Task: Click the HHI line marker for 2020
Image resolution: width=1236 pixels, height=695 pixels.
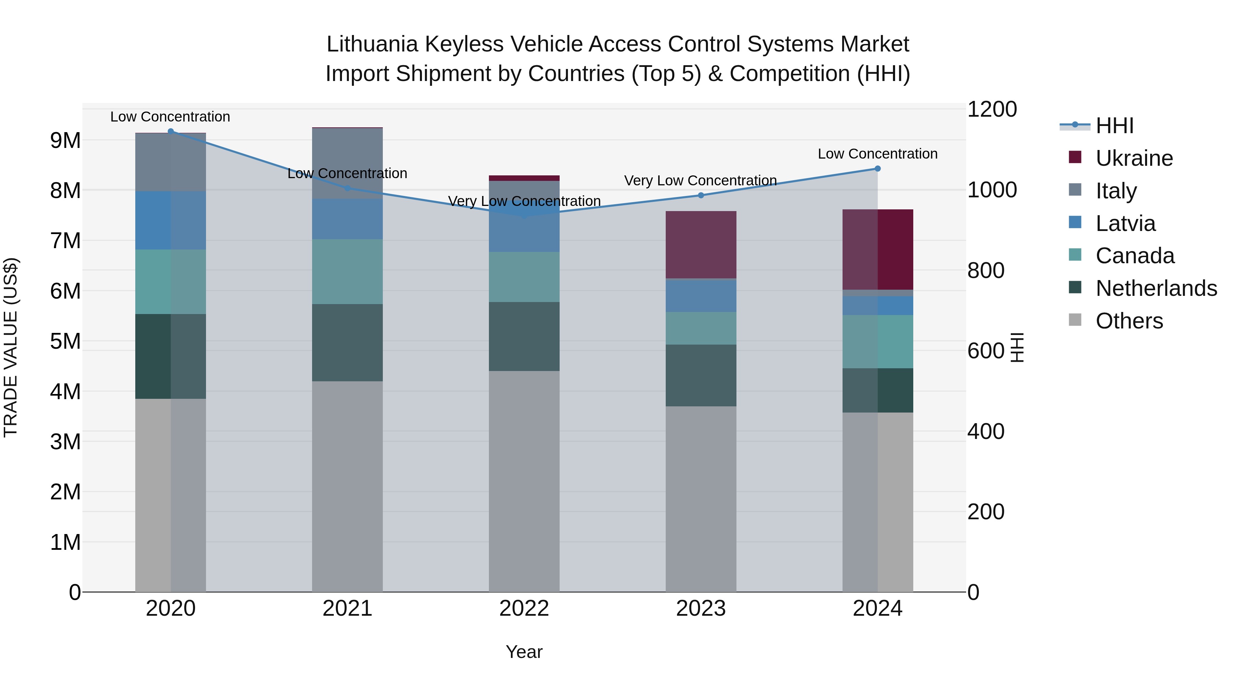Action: point(171,131)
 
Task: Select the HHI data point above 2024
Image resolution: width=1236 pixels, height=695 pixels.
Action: point(878,169)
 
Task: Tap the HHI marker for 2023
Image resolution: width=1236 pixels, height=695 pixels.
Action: point(701,195)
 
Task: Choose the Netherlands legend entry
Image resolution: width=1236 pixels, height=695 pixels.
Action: point(1156,288)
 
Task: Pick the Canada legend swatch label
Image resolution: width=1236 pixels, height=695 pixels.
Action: point(1135,256)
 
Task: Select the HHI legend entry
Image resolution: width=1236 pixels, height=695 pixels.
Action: point(1114,126)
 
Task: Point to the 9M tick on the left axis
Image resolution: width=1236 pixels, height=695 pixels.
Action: point(65,140)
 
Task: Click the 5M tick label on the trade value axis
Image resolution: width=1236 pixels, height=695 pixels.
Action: point(65,341)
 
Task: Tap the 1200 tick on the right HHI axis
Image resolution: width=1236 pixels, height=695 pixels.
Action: point(991,109)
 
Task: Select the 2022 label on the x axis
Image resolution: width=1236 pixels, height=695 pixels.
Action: point(524,609)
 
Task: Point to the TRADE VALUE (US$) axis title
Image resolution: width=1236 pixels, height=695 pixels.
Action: point(11,348)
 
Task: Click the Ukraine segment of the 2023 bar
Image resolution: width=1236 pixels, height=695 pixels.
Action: point(701,245)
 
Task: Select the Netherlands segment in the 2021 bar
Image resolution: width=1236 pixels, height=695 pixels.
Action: point(347,343)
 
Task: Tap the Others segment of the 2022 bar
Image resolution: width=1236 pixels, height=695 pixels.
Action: point(524,481)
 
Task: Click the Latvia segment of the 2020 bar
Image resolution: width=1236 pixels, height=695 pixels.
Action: point(171,220)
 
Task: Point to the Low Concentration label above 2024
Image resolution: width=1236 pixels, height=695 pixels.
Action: point(878,154)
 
